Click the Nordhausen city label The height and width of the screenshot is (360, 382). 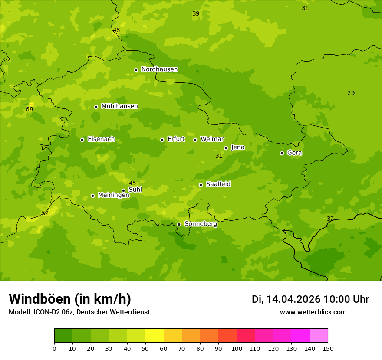pyautogui.click(x=159, y=69)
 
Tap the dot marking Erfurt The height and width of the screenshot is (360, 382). pyautogui.click(x=162, y=140)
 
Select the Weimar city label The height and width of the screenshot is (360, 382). pyautogui.click(x=212, y=139)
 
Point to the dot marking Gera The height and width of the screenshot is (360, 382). pyautogui.click(x=282, y=153)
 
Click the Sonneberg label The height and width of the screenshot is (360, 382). pyautogui.click(x=201, y=224)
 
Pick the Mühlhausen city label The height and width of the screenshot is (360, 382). pyautogui.click(x=119, y=106)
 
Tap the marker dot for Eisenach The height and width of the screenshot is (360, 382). pyautogui.click(x=82, y=140)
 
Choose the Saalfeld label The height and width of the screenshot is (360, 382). pyautogui.click(x=218, y=184)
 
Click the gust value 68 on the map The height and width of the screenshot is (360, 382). pyautogui.click(x=30, y=110)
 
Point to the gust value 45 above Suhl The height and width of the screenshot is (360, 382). pyautogui.click(x=132, y=183)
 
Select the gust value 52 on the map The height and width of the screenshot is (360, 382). pyautogui.click(x=45, y=213)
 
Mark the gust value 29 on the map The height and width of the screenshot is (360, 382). pyautogui.click(x=351, y=93)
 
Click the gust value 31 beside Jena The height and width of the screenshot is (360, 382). pyautogui.click(x=219, y=156)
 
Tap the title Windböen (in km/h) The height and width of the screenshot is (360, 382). pyautogui.click(x=70, y=299)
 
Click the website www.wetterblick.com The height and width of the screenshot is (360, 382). pyautogui.click(x=313, y=312)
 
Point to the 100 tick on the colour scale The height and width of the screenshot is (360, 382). pyautogui.click(x=237, y=348)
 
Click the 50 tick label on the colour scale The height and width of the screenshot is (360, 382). pyautogui.click(x=145, y=348)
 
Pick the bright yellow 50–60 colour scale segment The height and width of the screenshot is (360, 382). pyautogui.click(x=155, y=336)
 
